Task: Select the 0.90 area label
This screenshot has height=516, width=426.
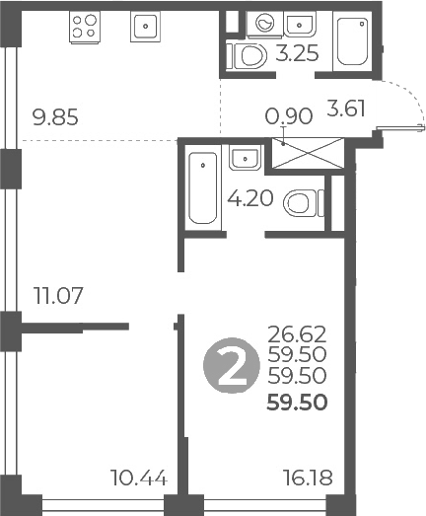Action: pyautogui.click(x=289, y=116)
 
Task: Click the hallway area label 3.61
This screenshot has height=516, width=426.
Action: pyautogui.click(x=346, y=109)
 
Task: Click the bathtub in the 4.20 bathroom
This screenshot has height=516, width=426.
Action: pyautogui.click(x=203, y=187)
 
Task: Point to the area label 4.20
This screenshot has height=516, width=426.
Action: pyautogui.click(x=249, y=197)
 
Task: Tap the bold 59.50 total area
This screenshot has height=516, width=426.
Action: pyautogui.click(x=298, y=403)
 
